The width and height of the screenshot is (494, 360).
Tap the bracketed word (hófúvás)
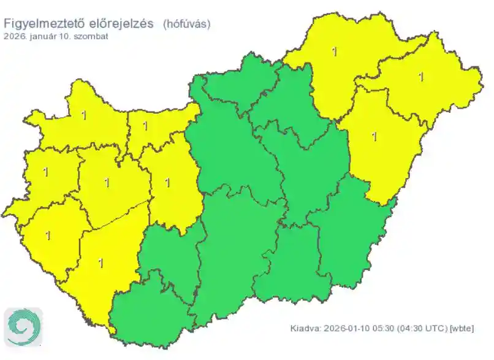pyautogui.click(x=187, y=24)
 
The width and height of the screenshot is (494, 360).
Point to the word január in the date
pyautogui.click(x=41, y=36)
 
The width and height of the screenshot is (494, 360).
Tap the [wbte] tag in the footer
pyautogui.click(x=462, y=329)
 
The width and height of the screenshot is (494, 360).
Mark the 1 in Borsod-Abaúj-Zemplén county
pyautogui.click(x=334, y=52)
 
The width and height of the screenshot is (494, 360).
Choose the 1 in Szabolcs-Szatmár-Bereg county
pyautogui.click(x=420, y=77)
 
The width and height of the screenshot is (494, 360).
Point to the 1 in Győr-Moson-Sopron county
pyautogui.click(x=83, y=115)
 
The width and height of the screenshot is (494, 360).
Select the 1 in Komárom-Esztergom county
pyautogui.click(x=145, y=126)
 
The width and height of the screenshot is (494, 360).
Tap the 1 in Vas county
pyautogui.click(x=46, y=172)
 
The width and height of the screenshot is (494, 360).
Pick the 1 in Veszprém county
pyautogui.click(x=107, y=182)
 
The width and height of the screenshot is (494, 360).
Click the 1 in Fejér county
pyautogui.click(x=168, y=182)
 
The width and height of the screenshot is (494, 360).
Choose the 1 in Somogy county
pyautogui.click(x=101, y=263)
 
